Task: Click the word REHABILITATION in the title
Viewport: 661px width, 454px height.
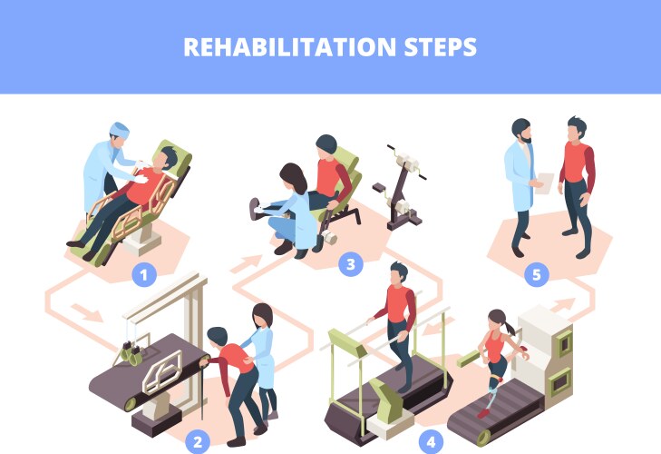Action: (x=289, y=47)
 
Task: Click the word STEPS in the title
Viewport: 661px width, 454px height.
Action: (x=441, y=47)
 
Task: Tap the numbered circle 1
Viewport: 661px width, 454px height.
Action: (x=144, y=275)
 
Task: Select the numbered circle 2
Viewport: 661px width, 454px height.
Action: (x=198, y=442)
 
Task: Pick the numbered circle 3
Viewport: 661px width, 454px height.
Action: (x=351, y=264)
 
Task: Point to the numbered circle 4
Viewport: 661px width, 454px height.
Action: (x=431, y=442)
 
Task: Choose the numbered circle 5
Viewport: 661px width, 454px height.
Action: (x=536, y=275)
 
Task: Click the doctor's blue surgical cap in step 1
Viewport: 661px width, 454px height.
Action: (x=120, y=129)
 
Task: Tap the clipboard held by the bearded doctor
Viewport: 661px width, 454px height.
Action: (x=544, y=183)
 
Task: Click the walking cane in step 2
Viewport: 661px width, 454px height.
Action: (x=202, y=390)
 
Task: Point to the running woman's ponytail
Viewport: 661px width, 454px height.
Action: (x=510, y=327)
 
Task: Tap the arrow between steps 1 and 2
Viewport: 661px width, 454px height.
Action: (x=87, y=312)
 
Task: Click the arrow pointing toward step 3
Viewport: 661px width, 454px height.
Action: (x=247, y=264)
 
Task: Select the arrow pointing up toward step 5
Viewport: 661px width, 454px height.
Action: (x=562, y=305)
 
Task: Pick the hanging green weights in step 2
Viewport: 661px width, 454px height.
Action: (x=131, y=353)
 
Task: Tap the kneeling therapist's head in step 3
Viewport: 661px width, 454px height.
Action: (x=294, y=176)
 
